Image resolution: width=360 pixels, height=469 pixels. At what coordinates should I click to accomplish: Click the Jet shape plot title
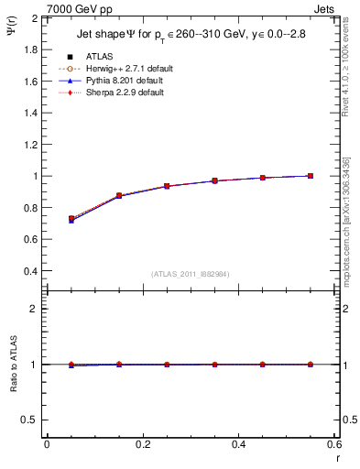click(x=187, y=37)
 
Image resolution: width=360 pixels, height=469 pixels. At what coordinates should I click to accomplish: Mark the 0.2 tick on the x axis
click(x=142, y=444)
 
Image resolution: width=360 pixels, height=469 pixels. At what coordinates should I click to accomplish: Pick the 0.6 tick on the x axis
click(x=334, y=444)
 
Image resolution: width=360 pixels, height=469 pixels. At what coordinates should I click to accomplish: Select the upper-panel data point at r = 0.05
click(x=71, y=219)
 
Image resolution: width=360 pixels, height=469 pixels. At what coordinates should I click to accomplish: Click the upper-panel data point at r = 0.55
click(x=311, y=176)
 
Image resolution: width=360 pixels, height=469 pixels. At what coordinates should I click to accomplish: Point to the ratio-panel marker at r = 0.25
click(x=167, y=365)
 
